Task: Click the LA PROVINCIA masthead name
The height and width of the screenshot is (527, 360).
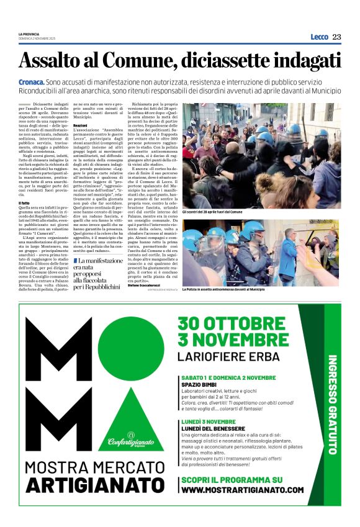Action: pos(29,35)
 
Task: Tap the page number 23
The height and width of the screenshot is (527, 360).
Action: pos(336,37)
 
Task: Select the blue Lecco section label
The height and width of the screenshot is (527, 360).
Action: pos(319,37)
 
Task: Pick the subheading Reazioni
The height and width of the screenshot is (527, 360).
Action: pos(80,125)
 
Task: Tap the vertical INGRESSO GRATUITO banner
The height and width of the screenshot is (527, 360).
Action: pos(332,403)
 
